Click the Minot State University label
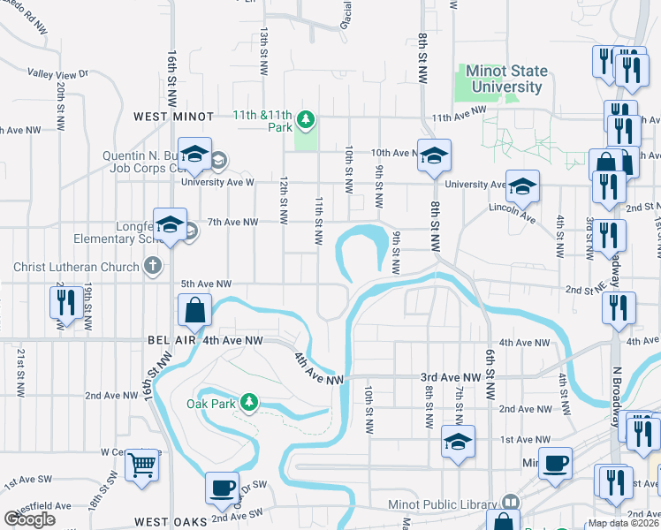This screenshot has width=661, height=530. (507, 79)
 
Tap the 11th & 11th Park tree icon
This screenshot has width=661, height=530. (306, 118)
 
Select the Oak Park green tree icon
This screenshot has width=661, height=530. (250, 403)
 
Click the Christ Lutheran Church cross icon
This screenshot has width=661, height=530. (153, 266)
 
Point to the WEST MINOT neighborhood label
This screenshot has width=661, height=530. (174, 117)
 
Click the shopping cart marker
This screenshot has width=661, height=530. (141, 465)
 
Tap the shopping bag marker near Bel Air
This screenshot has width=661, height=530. (194, 311)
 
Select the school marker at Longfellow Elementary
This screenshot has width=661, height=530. (170, 223)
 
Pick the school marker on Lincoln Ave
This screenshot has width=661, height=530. (522, 185)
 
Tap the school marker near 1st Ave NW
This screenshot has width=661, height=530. (458, 441)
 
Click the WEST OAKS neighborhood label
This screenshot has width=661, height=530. (169, 522)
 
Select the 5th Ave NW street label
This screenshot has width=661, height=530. (206, 284)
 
